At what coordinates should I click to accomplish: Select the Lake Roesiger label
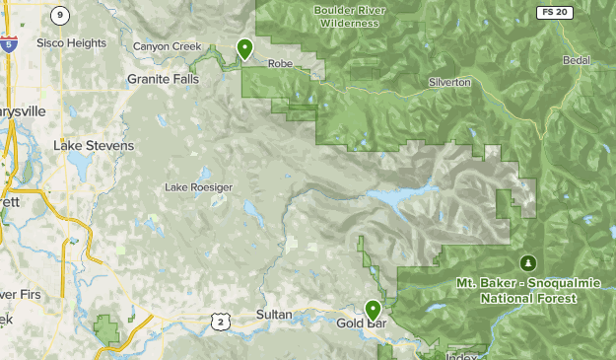(x=198, y=186)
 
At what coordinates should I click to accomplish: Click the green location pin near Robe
(x=244, y=47)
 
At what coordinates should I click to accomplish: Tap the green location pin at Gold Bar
(x=372, y=308)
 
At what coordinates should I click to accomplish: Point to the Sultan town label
(x=274, y=315)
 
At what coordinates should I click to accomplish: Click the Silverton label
(x=449, y=83)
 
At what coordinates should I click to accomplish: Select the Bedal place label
(x=576, y=61)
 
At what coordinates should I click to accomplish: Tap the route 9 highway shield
(x=61, y=14)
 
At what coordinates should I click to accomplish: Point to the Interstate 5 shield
(x=9, y=43)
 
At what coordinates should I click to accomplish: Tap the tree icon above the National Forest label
(x=528, y=263)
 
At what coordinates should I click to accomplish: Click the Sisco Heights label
(x=71, y=43)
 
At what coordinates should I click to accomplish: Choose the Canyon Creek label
(x=167, y=46)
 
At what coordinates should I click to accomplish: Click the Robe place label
(x=281, y=63)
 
